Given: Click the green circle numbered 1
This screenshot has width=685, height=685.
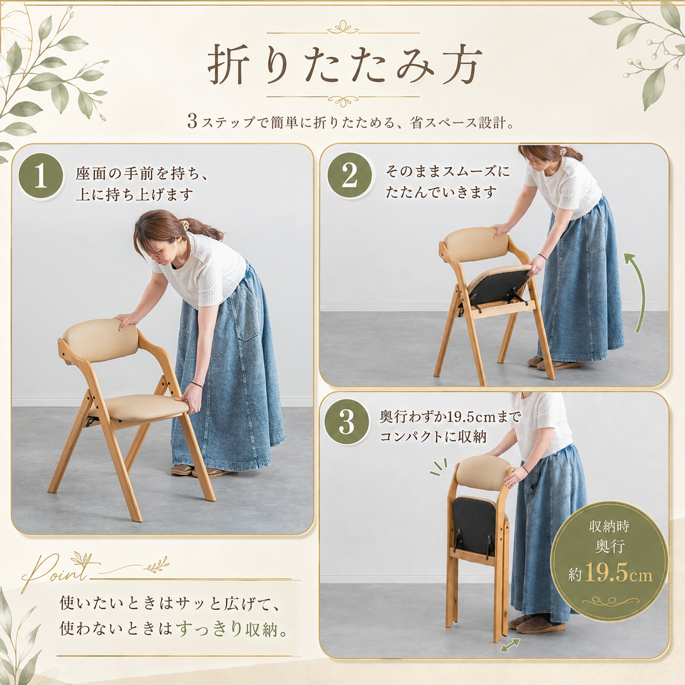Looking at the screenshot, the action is tap(41, 176).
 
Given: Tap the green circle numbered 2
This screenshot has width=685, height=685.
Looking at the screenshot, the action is tap(350, 176).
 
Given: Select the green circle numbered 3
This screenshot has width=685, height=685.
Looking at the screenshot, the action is tap(346, 422).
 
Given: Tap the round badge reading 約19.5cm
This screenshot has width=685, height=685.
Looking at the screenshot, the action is tap(610, 558).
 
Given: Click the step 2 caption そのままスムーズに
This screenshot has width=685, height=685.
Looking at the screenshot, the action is tap(448, 172).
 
